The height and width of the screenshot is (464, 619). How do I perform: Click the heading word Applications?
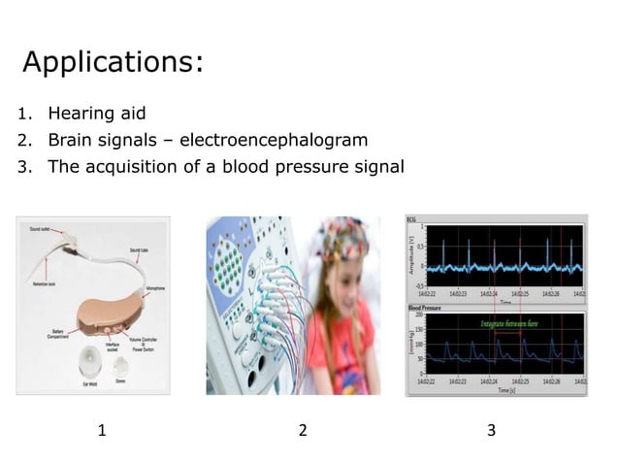(x=113, y=62)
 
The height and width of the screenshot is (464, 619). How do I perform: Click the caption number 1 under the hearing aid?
(x=102, y=430)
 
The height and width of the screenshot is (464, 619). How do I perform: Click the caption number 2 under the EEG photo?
(x=303, y=430)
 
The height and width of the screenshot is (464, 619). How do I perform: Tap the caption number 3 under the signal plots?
(x=491, y=430)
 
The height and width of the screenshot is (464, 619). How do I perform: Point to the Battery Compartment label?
(x=56, y=334)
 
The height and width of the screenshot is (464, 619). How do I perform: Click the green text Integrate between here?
(x=504, y=323)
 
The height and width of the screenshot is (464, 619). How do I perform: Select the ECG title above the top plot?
(x=411, y=219)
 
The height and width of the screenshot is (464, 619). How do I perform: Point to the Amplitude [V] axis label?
(x=410, y=255)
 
